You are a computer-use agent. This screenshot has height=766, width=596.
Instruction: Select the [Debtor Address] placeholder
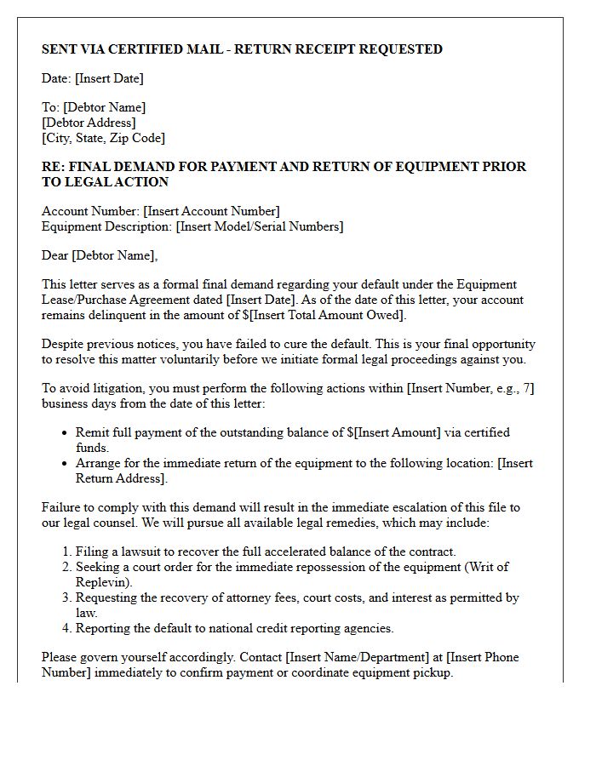coord(88,123)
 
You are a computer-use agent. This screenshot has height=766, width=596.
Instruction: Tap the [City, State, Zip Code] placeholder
coord(103,138)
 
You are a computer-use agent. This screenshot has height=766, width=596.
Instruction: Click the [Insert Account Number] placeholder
coord(211,211)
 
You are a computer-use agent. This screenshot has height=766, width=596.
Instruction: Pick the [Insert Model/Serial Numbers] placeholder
coord(260,226)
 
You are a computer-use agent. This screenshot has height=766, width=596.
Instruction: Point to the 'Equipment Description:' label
coord(106,226)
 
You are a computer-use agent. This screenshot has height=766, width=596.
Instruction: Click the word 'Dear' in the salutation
coord(55,255)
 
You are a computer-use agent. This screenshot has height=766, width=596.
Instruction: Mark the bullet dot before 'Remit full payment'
coord(65,433)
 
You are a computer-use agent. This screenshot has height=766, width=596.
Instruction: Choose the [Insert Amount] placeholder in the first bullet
coord(398,432)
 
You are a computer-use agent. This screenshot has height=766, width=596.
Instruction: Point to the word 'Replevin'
coord(102,582)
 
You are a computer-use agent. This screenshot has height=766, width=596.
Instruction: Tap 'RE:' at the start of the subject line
coord(53,167)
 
